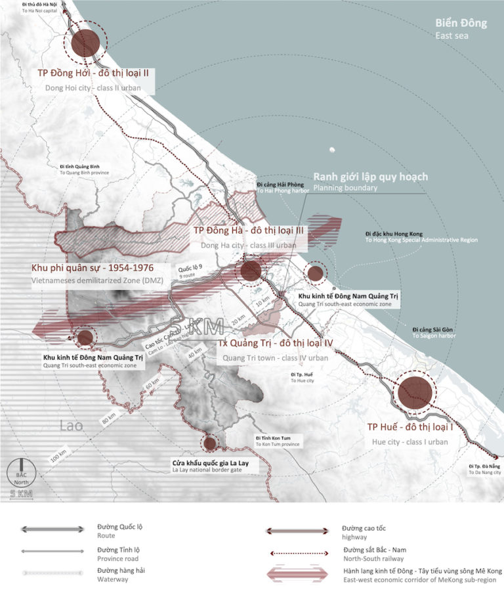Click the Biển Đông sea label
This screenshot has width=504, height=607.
[461, 24]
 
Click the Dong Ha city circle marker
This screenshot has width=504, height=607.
[251, 271]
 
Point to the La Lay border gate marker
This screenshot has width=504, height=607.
[210, 444]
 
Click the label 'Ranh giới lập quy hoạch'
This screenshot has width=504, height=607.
[371, 177]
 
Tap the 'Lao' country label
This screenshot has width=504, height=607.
[70, 425]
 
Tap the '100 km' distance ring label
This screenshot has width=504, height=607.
[59, 455]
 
